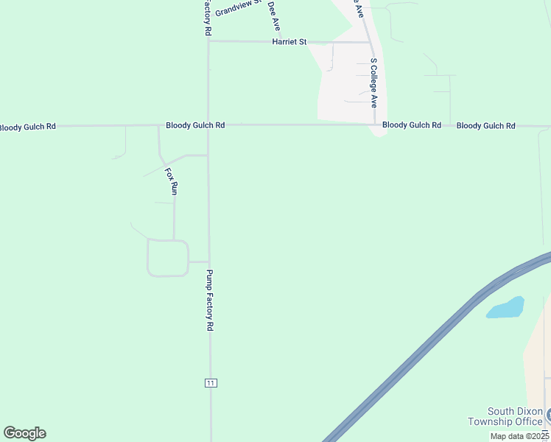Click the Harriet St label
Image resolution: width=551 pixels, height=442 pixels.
(x=289, y=42)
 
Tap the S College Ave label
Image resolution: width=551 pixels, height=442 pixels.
(x=373, y=83)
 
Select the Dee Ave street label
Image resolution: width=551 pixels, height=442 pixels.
(x=274, y=15)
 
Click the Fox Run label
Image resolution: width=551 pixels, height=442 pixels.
(x=171, y=181)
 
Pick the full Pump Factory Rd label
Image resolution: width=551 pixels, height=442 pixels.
(x=209, y=300)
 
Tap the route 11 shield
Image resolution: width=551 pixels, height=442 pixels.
(x=211, y=383)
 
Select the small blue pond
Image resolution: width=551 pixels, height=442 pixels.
(x=505, y=307)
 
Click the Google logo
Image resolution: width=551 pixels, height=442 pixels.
(x=24, y=433)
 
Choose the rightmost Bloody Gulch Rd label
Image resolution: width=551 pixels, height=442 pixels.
(x=485, y=126)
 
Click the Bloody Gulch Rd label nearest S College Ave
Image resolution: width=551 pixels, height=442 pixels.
(x=412, y=125)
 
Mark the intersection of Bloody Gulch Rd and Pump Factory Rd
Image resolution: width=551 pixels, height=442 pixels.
(x=208, y=126)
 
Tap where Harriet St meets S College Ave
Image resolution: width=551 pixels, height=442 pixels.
(x=369, y=42)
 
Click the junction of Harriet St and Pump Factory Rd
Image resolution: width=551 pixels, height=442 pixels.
(x=208, y=42)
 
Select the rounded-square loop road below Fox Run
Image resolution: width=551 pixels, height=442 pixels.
(x=168, y=258)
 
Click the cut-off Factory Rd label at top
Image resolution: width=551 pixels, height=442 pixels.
(x=208, y=18)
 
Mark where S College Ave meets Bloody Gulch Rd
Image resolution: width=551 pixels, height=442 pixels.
(x=375, y=125)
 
